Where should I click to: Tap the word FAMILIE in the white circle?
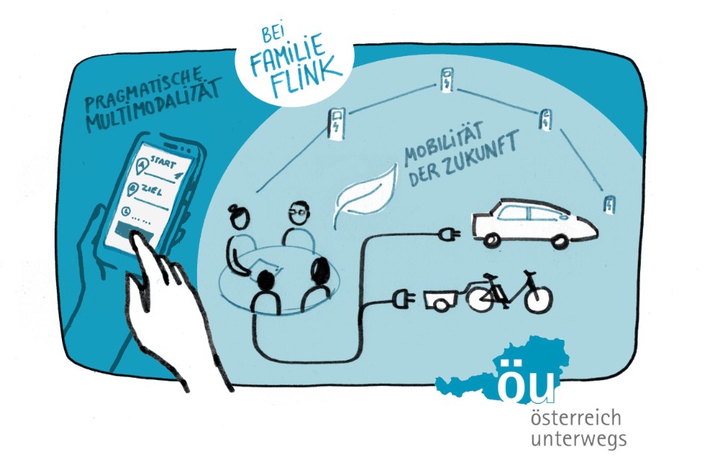288,52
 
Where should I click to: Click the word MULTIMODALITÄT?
154,105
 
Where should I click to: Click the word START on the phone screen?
163,162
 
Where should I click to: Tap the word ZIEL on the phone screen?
152,192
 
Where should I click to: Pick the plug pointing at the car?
448,234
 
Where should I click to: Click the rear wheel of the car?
491,240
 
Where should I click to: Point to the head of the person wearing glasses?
299,214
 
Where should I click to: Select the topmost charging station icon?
447,80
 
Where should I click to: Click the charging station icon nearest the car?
609,205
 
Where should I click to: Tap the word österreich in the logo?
576,419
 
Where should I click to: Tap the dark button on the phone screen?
134,232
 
